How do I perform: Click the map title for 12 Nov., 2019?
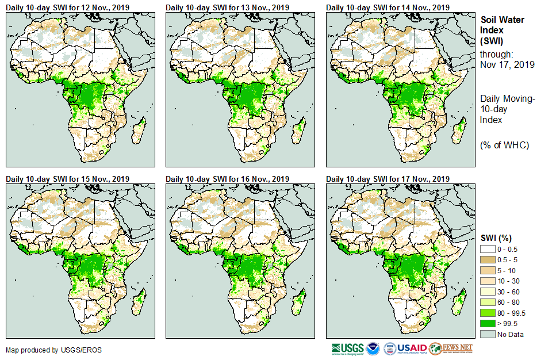[67, 7]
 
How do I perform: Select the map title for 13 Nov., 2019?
[227, 7]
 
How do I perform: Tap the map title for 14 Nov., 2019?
[388, 7]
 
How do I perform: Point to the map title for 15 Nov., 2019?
[67, 179]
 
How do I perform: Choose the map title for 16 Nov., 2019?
[227, 179]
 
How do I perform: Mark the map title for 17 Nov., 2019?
[388, 179]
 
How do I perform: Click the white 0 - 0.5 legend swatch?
[488, 248]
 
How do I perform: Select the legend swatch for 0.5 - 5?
[488, 259]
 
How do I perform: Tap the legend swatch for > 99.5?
[488, 324]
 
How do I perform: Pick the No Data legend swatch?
[488, 334]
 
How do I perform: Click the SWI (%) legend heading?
[496, 238]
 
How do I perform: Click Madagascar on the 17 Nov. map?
[458, 301]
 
